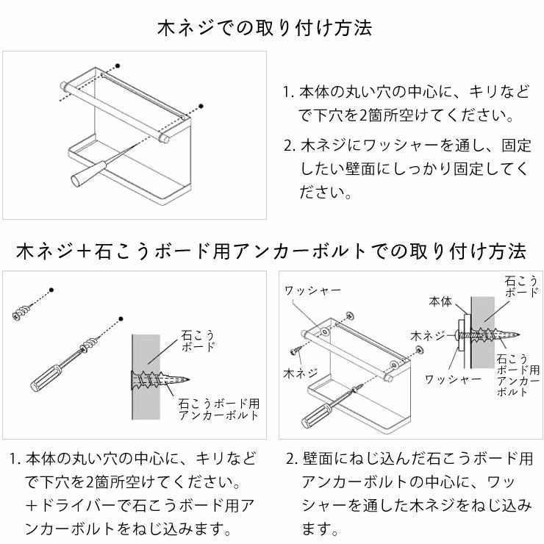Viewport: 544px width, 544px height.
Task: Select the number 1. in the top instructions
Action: (x=289, y=93)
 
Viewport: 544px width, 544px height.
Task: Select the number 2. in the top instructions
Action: (x=289, y=145)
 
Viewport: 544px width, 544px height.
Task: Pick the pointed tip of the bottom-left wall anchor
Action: (x=190, y=380)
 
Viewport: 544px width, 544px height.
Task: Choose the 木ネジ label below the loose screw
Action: (x=299, y=373)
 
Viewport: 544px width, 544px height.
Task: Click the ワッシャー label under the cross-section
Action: (x=453, y=379)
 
